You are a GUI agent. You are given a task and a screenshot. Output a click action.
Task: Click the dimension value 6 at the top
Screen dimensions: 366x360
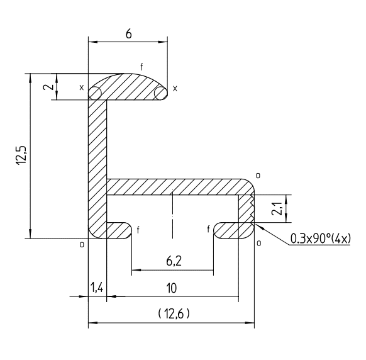pos(129,34)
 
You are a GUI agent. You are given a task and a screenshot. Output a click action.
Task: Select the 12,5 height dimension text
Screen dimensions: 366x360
pos(21,155)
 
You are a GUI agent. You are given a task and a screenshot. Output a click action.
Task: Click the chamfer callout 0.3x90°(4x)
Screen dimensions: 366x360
pos(320,239)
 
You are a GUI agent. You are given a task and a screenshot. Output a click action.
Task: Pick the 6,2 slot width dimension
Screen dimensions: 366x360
pos(174,261)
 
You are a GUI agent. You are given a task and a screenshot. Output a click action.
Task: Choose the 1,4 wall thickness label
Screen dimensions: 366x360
pos(97,288)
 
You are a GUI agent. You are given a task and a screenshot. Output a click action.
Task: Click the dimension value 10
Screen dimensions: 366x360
pos(172,288)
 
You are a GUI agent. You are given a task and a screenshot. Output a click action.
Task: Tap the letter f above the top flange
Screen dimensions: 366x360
pos(141,67)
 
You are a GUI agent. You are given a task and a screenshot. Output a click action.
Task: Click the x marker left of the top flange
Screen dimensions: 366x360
pos(81,87)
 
